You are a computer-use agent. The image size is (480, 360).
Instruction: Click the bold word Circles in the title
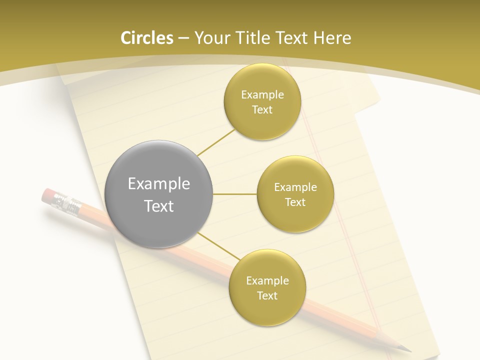tap(146, 38)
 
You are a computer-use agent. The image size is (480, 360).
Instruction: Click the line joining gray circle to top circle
tap(216, 142)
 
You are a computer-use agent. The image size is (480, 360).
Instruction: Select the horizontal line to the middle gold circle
tap(235, 194)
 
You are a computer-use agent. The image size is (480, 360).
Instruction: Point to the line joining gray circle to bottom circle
tap(219, 246)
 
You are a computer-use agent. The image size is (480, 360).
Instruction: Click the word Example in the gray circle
tap(159, 183)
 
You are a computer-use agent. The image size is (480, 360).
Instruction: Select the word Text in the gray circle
tap(159, 205)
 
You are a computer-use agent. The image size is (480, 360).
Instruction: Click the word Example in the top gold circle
tap(262, 94)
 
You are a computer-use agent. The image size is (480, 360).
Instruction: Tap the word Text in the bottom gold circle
tap(267, 295)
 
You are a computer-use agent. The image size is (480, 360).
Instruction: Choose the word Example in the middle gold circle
tap(295, 187)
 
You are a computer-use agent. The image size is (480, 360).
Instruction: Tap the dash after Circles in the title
tap(183, 38)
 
